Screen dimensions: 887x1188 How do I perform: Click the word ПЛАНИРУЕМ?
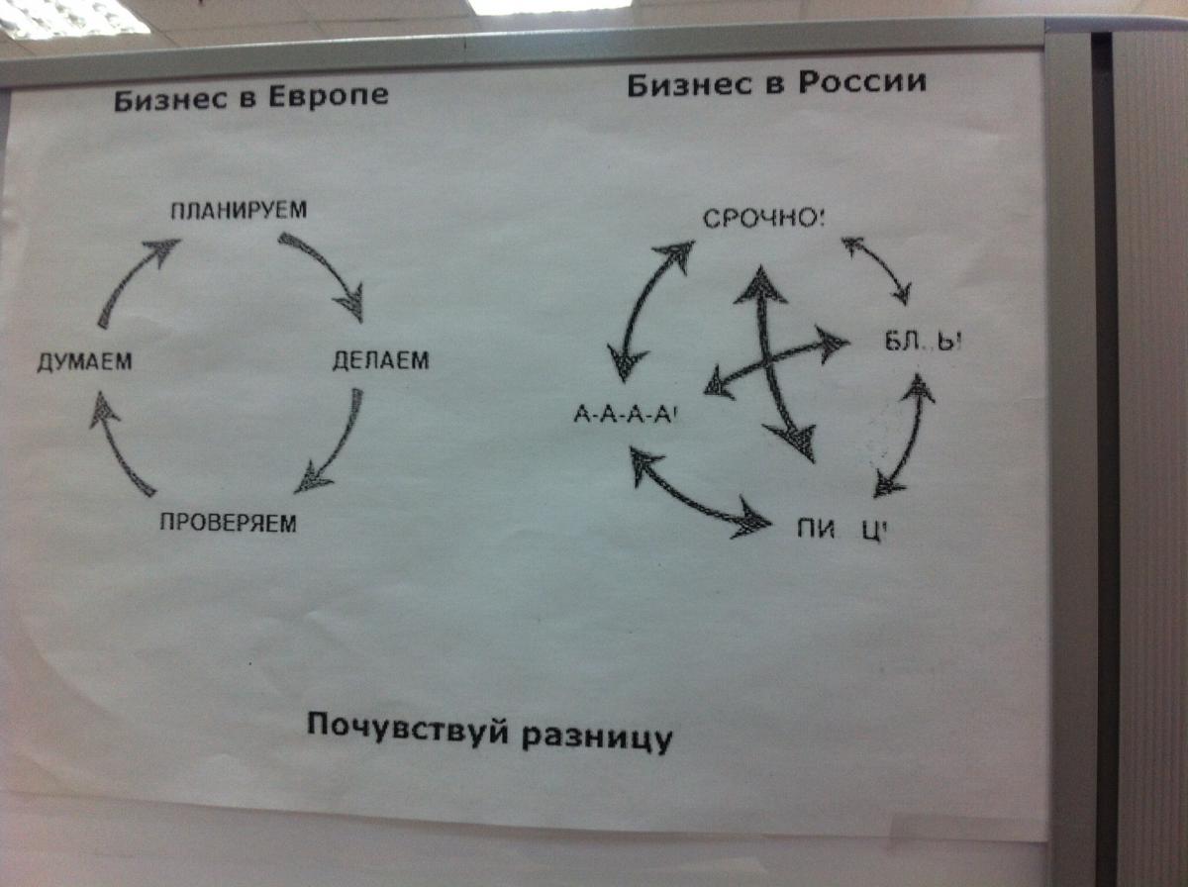click(239, 210)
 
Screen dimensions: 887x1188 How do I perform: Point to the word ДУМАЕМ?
click(84, 362)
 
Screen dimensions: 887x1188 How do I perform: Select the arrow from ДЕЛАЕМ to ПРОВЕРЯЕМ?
click(331, 442)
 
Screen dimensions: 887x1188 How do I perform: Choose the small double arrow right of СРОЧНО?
click(877, 267)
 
